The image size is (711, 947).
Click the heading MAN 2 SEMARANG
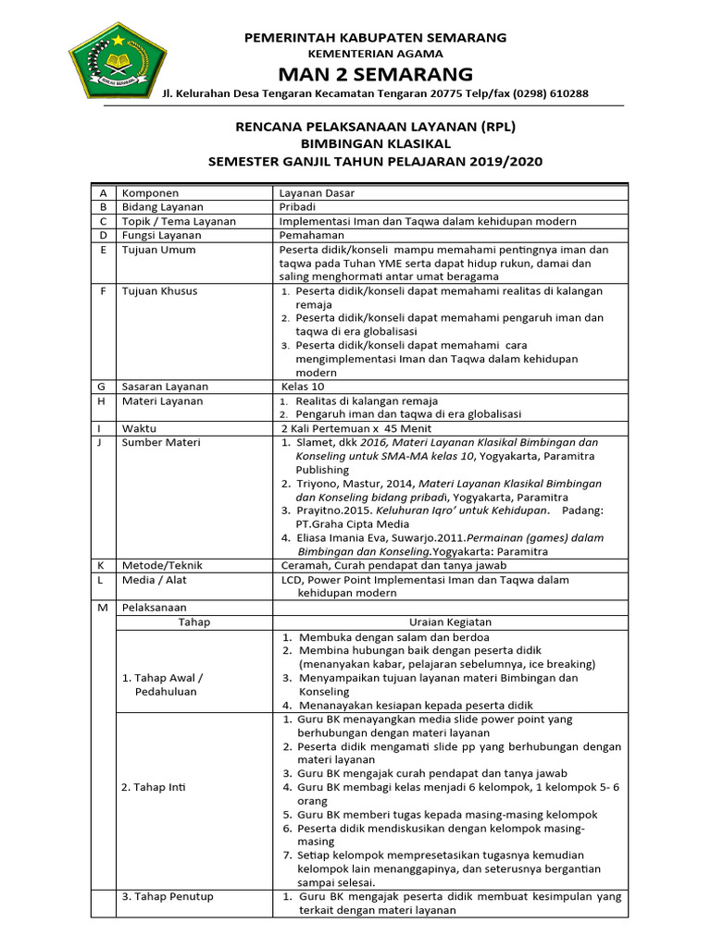point(375,74)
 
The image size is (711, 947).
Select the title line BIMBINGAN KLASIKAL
point(375,144)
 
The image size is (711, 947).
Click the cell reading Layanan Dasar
point(318,193)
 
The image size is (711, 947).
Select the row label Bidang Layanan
point(163,207)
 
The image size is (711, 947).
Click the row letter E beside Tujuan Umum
point(103,250)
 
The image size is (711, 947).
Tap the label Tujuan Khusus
point(160,291)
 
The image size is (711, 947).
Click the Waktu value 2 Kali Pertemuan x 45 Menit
point(355,429)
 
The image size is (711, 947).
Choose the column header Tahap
point(194,622)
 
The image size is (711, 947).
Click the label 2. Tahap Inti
point(155,787)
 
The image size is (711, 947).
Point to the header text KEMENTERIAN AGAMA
point(375,55)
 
